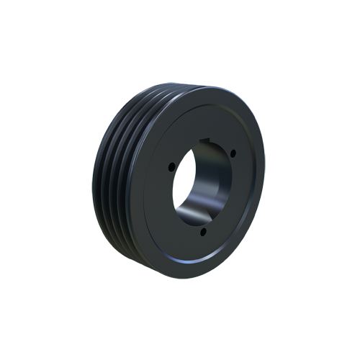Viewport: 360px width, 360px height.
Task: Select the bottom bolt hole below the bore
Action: (204, 231)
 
